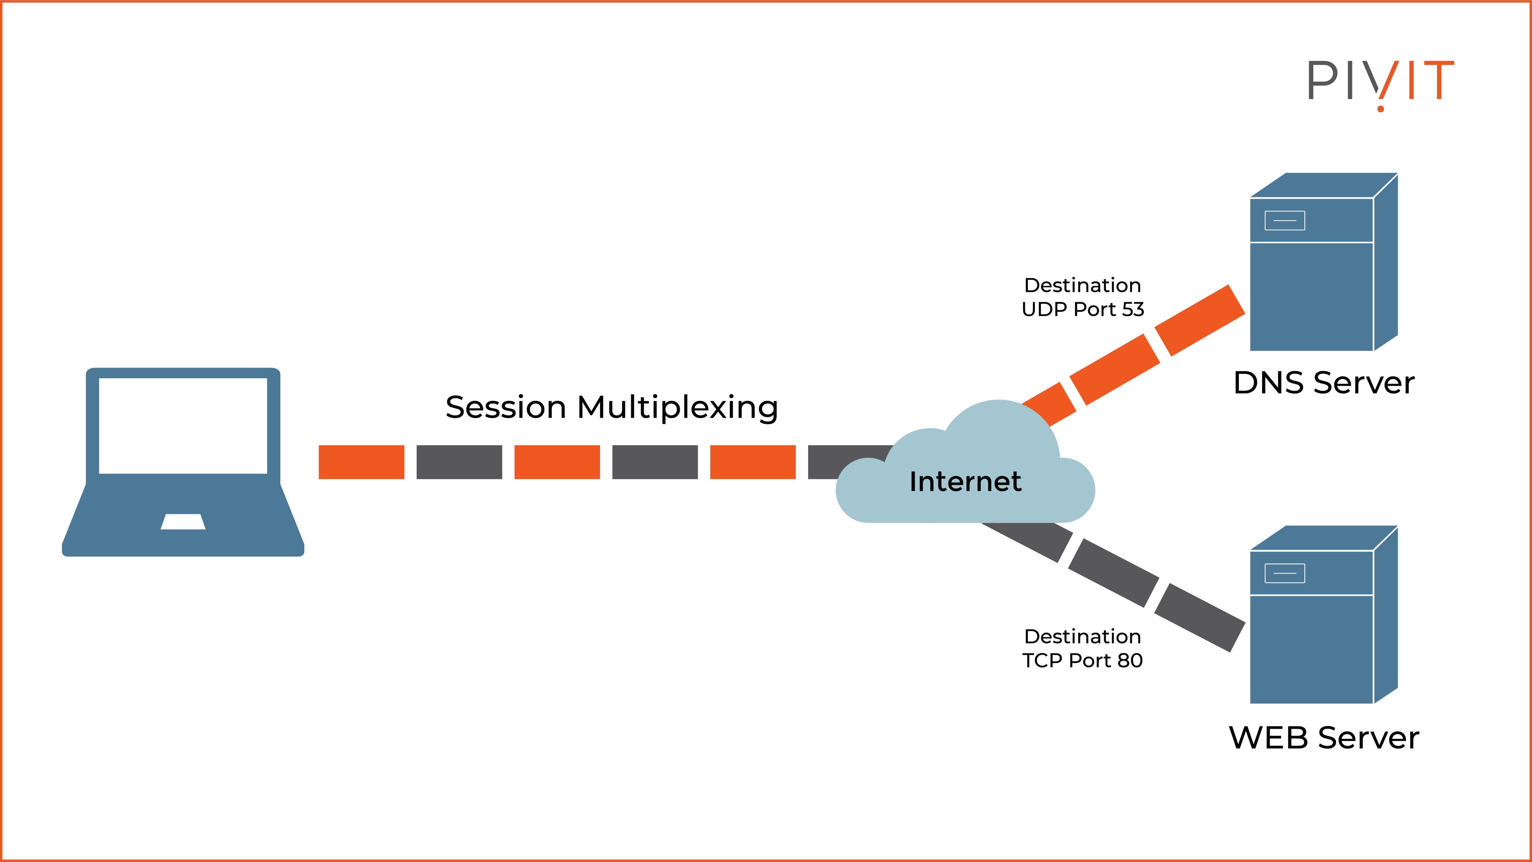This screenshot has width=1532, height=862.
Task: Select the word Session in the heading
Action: [x=506, y=408]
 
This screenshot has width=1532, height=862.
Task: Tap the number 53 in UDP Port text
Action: [x=1133, y=309]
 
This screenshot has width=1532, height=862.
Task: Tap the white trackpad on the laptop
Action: [x=183, y=522]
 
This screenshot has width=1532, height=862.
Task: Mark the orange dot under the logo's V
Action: [x=1380, y=108]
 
